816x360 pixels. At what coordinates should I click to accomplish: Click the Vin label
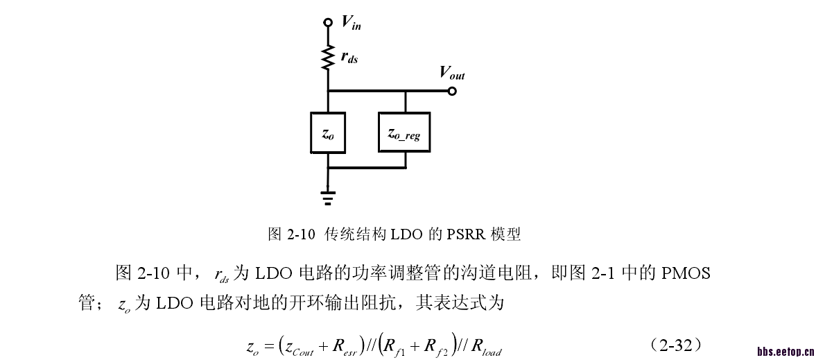[351, 23]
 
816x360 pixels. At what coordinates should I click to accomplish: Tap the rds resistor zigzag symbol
[328, 58]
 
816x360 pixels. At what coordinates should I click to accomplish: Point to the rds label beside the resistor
[349, 58]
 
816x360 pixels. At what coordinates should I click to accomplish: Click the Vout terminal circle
[452, 91]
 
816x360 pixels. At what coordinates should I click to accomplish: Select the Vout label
[452, 73]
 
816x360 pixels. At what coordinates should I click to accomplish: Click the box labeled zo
[328, 132]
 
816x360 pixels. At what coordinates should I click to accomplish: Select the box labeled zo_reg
[405, 132]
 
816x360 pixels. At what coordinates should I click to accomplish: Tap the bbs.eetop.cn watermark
[779, 352]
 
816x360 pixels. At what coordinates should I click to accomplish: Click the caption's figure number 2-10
[302, 234]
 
